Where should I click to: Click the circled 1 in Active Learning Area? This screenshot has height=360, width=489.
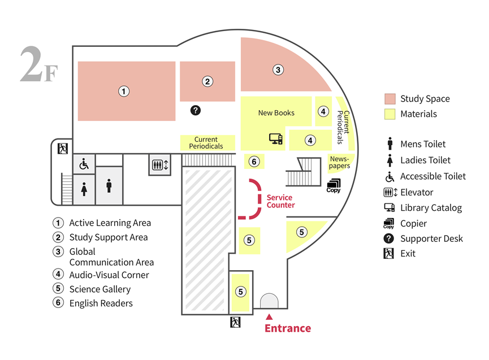(x=124, y=92)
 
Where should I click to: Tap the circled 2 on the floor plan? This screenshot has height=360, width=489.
(x=207, y=81)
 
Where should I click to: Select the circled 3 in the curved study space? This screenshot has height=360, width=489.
(x=278, y=70)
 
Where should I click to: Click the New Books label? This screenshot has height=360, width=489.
(x=276, y=113)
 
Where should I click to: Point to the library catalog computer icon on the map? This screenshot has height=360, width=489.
(x=276, y=138)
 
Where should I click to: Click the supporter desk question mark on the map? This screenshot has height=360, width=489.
(x=196, y=110)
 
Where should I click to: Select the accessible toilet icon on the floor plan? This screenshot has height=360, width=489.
(x=84, y=164)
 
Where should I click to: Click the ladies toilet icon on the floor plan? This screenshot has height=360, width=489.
(x=84, y=189)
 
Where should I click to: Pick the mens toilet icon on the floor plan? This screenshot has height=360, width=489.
(x=109, y=186)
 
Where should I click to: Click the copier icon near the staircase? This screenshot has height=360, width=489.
(x=334, y=186)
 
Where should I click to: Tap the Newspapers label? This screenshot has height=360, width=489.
(x=339, y=162)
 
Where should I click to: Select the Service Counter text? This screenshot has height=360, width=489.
(x=280, y=201)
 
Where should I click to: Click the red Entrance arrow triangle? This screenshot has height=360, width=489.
(x=269, y=317)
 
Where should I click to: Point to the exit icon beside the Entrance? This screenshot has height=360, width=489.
(x=236, y=322)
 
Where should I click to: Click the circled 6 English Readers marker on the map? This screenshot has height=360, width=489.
(x=254, y=162)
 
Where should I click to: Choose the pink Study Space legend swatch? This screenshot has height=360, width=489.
(x=390, y=99)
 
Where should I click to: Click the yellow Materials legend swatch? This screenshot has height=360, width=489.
(x=390, y=114)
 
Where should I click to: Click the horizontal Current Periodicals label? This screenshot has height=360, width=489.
(x=206, y=143)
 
